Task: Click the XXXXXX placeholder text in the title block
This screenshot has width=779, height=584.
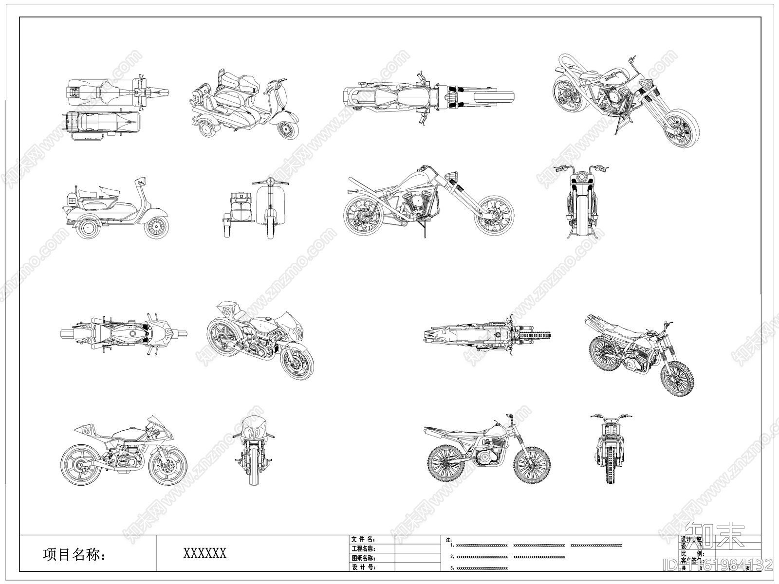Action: point(204,553)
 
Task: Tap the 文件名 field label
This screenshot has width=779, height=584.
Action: point(363,539)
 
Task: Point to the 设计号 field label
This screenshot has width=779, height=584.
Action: point(363,567)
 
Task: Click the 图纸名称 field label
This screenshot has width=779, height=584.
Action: point(363,558)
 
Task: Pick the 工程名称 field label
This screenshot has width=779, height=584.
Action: point(363,548)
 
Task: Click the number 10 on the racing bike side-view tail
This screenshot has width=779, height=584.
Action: point(87,430)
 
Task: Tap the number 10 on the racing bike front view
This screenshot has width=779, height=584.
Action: point(254,432)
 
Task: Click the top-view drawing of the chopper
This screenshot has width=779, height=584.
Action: point(428,96)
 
